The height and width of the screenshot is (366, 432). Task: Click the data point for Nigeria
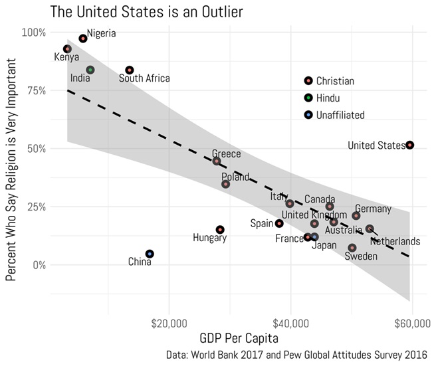coord(83,39)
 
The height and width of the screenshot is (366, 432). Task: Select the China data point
coord(150,254)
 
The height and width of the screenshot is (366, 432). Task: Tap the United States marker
coord(410,145)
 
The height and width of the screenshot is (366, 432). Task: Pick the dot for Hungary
coord(220,230)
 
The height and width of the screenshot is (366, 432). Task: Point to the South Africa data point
coord(130,70)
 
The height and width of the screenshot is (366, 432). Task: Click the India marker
coord(90,70)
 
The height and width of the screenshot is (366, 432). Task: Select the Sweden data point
coord(352,248)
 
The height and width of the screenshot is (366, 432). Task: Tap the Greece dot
coord(217,161)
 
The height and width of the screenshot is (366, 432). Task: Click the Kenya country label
coord(66,58)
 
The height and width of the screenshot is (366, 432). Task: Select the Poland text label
coord(235,177)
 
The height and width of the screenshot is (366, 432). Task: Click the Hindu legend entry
coord(328,98)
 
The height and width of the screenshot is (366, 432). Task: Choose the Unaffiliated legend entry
coord(340,115)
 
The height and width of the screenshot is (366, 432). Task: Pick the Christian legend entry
coord(334,81)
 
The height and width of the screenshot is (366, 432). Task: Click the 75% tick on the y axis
coord(35,90)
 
